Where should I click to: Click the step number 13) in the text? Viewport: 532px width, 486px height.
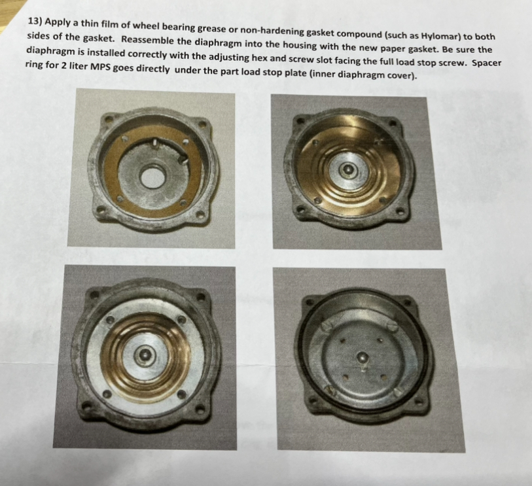click(35, 22)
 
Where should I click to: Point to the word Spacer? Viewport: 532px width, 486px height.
click(487, 63)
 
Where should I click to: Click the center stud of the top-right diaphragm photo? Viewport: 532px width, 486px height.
click(347, 169)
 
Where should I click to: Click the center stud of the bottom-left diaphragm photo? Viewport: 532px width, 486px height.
click(145, 355)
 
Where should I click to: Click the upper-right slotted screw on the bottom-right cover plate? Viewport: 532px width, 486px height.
click(393, 327)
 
